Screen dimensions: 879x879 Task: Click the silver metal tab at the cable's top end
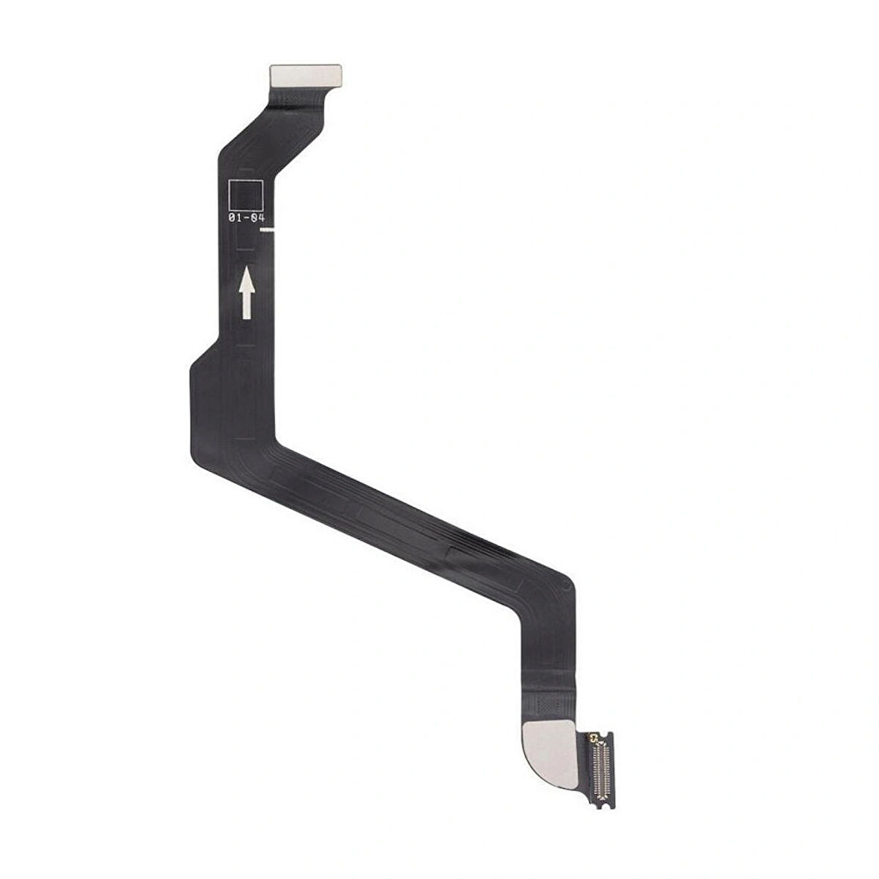point(305,76)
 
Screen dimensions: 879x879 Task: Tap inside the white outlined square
point(246,196)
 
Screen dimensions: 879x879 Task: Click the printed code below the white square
point(246,218)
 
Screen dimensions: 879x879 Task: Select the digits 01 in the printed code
point(235,218)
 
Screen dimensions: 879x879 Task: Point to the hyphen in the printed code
point(246,218)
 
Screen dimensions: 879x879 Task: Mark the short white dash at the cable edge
point(268,229)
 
